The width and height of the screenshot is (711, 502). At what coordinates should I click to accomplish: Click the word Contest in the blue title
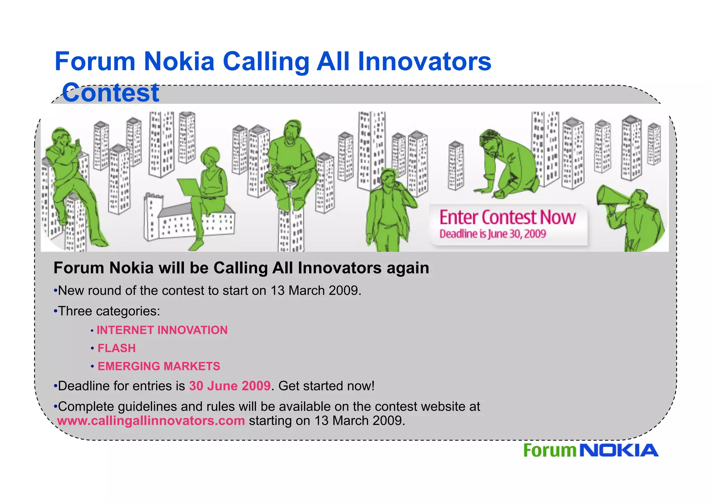pos(110,93)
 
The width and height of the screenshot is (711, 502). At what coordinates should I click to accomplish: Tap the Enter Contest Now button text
pos(507,218)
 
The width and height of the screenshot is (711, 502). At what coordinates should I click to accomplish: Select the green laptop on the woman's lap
pos(190,188)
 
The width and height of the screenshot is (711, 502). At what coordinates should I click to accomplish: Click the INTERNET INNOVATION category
pos(162,330)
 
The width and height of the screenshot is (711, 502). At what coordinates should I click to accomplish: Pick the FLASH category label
pos(117,348)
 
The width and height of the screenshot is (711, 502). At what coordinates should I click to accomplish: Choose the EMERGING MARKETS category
pos(159,366)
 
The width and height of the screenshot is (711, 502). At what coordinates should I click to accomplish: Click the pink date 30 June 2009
pos(229,386)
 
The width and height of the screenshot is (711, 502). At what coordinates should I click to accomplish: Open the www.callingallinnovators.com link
pos(151,420)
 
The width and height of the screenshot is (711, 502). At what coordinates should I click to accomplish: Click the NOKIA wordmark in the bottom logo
pos(619,450)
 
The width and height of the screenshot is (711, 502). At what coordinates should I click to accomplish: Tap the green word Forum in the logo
pos(550,450)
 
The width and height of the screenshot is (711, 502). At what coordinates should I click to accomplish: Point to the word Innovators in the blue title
pos(424,61)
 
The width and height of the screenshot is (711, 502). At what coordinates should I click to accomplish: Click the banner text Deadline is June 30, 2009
pos(492,234)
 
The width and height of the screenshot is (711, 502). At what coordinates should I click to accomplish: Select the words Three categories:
pos(109,311)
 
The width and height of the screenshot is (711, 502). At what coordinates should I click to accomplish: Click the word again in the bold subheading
pos(408,268)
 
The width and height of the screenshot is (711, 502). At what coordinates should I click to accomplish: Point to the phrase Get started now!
pos(326,386)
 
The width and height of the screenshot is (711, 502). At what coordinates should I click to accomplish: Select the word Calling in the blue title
pos(266,61)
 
